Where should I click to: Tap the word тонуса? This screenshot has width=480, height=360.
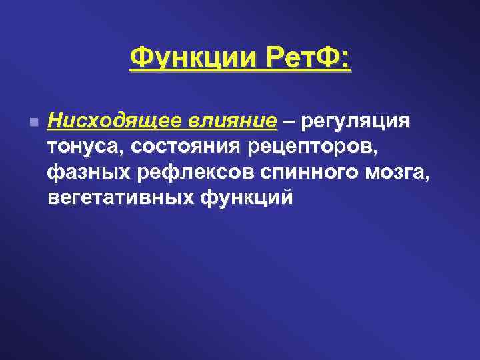point(86,148)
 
